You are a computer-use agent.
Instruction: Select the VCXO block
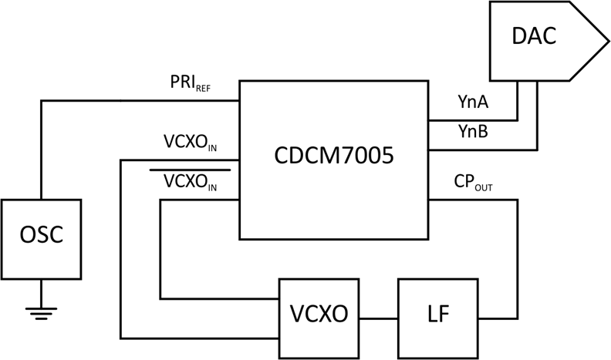tap(318, 315)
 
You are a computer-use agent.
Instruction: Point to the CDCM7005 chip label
tap(334, 156)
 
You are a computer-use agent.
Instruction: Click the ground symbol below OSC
tap(41, 311)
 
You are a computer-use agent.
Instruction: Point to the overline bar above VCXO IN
tap(190, 168)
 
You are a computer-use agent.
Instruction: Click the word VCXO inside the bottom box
tap(318, 315)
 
